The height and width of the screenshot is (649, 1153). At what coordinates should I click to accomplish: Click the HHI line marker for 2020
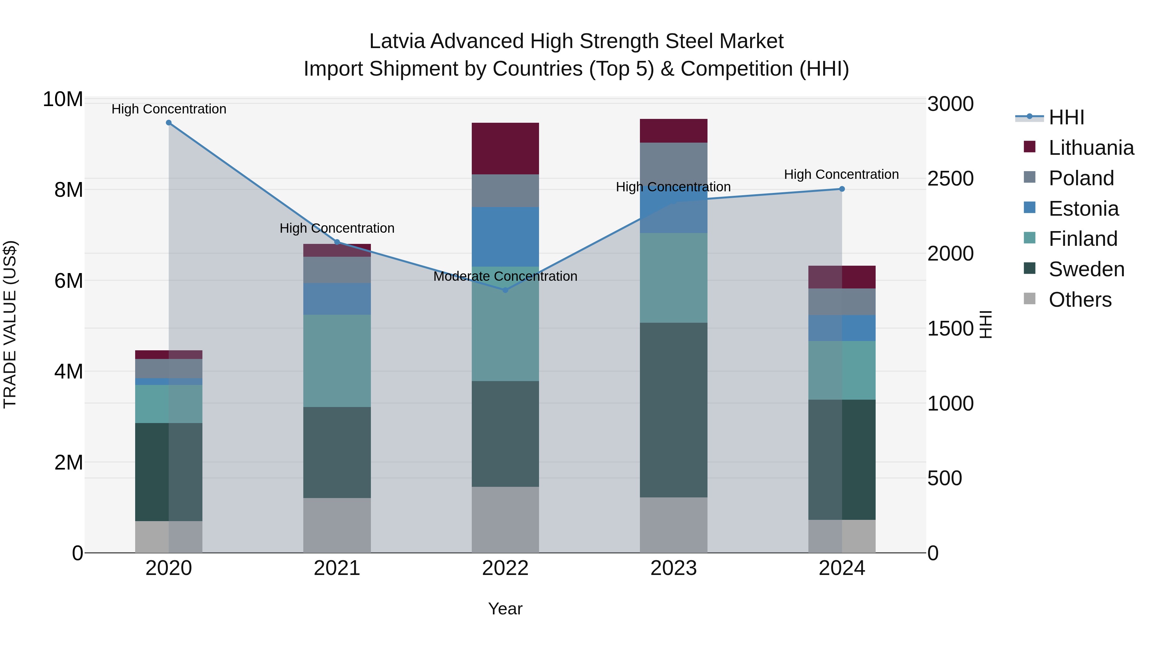click(x=169, y=123)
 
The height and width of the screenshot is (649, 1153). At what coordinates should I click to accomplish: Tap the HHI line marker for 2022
click(x=505, y=290)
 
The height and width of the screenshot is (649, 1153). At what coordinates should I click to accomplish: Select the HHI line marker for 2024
click(x=842, y=189)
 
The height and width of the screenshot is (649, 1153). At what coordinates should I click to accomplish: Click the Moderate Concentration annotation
click(x=505, y=276)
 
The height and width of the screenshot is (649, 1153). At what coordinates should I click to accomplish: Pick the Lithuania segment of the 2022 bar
click(x=505, y=148)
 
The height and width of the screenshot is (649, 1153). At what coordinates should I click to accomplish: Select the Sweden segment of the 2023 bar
click(x=674, y=410)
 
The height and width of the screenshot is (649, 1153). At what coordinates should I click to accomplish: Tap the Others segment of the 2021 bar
click(x=337, y=525)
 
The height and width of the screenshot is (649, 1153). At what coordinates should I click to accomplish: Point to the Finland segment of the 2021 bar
click(x=337, y=361)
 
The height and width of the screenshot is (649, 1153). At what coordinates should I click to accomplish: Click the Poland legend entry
click(x=1081, y=178)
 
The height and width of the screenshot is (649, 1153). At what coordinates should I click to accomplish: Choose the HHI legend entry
click(x=1066, y=117)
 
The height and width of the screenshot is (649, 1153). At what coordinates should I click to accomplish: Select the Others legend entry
click(x=1080, y=300)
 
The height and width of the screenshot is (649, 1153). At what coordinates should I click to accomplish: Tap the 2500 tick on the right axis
click(x=950, y=179)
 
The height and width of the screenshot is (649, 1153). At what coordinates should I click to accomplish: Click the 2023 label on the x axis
click(x=674, y=568)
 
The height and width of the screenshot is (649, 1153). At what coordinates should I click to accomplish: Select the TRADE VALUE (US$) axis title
click(x=10, y=324)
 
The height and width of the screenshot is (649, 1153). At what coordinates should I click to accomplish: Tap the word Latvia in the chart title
click(x=397, y=41)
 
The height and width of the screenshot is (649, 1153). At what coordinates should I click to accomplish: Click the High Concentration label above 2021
click(x=337, y=229)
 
